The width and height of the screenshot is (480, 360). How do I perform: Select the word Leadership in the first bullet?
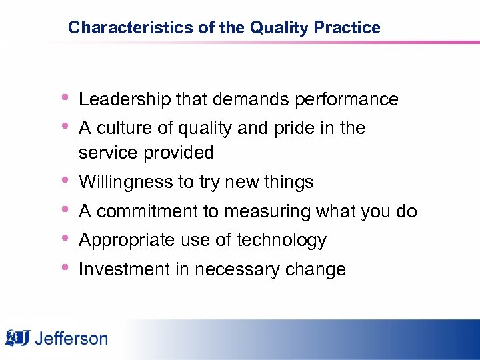[125, 100]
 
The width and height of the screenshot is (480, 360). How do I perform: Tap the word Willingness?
[122, 182]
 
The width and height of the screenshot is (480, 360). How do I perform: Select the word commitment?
[148, 212]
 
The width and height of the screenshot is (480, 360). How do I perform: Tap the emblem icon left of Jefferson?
[17, 338]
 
